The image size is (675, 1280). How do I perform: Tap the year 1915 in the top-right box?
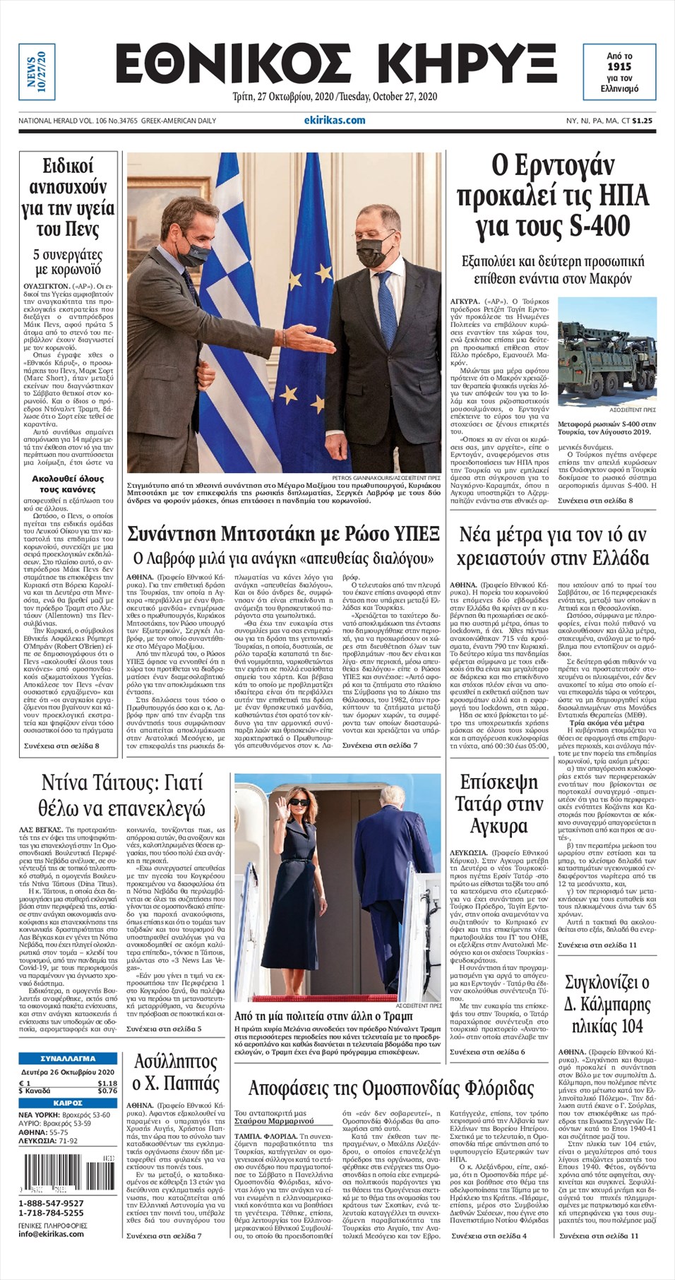(x=619, y=66)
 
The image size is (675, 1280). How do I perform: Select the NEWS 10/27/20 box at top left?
(x=36, y=71)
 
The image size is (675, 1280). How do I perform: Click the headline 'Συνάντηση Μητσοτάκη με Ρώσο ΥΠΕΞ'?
(x=283, y=533)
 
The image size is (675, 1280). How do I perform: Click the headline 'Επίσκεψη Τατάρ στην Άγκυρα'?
(x=499, y=803)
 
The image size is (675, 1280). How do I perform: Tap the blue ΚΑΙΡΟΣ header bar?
(x=68, y=1103)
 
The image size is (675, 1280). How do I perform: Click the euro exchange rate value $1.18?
(x=107, y=1083)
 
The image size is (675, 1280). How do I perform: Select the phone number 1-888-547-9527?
(x=51, y=1204)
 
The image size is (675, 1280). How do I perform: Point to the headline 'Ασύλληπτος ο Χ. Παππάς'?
(x=176, y=1072)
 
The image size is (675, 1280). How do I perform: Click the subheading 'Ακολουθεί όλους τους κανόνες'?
(x=68, y=484)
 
